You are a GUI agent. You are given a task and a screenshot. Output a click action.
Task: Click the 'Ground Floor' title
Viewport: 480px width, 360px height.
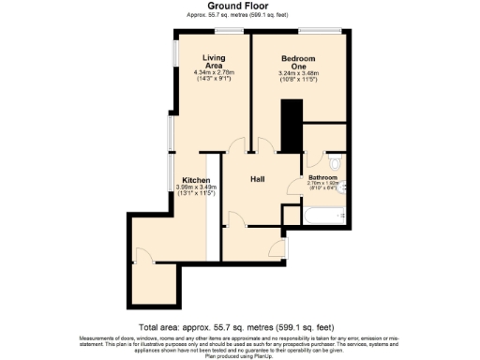(x=240, y=5)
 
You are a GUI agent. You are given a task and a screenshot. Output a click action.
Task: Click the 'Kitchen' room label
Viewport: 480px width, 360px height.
(x=196, y=180)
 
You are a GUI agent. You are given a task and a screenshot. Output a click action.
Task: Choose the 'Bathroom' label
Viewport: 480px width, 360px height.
(x=323, y=176)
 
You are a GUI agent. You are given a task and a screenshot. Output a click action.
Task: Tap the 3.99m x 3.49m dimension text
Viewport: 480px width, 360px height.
(x=196, y=187)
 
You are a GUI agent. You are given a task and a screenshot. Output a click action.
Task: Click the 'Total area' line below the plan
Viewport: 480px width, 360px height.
(x=240, y=327)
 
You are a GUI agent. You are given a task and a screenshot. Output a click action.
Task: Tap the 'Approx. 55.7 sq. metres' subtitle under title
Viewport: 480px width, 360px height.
(x=240, y=15)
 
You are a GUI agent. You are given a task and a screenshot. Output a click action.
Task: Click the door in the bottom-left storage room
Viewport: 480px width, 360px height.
(x=142, y=255)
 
